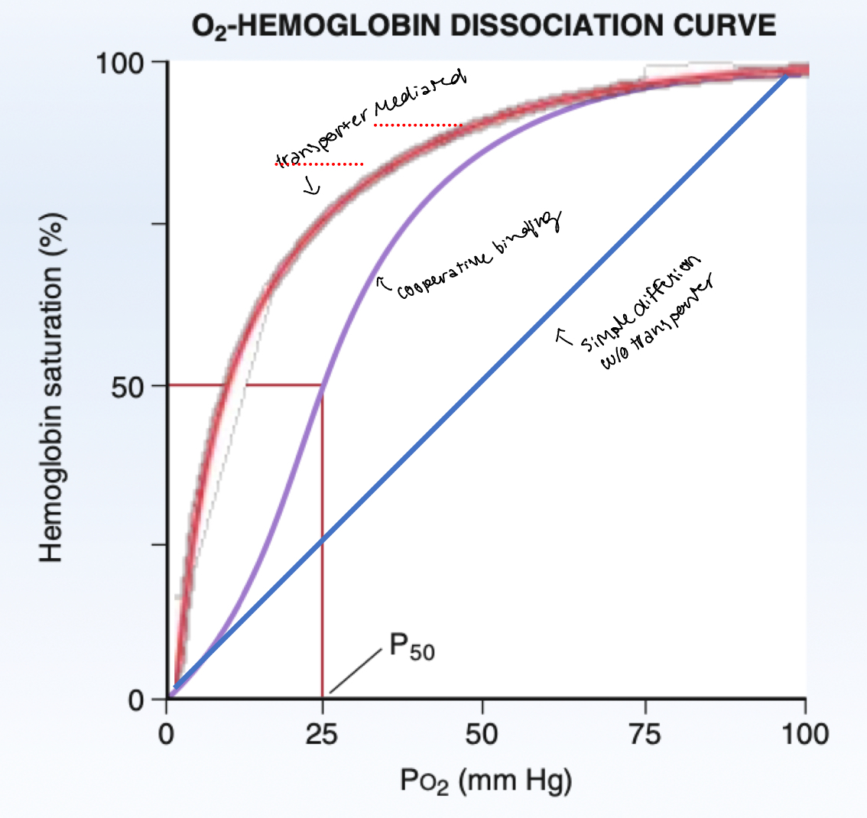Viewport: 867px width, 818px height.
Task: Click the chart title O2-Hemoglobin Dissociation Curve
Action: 484,28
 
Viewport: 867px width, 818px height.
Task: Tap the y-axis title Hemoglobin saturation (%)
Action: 52,386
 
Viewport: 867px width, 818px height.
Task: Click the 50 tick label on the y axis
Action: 131,386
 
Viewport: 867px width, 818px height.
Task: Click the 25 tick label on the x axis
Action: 321,735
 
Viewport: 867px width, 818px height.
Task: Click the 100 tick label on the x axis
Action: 804,735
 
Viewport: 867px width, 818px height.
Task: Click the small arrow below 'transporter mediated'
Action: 311,187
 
